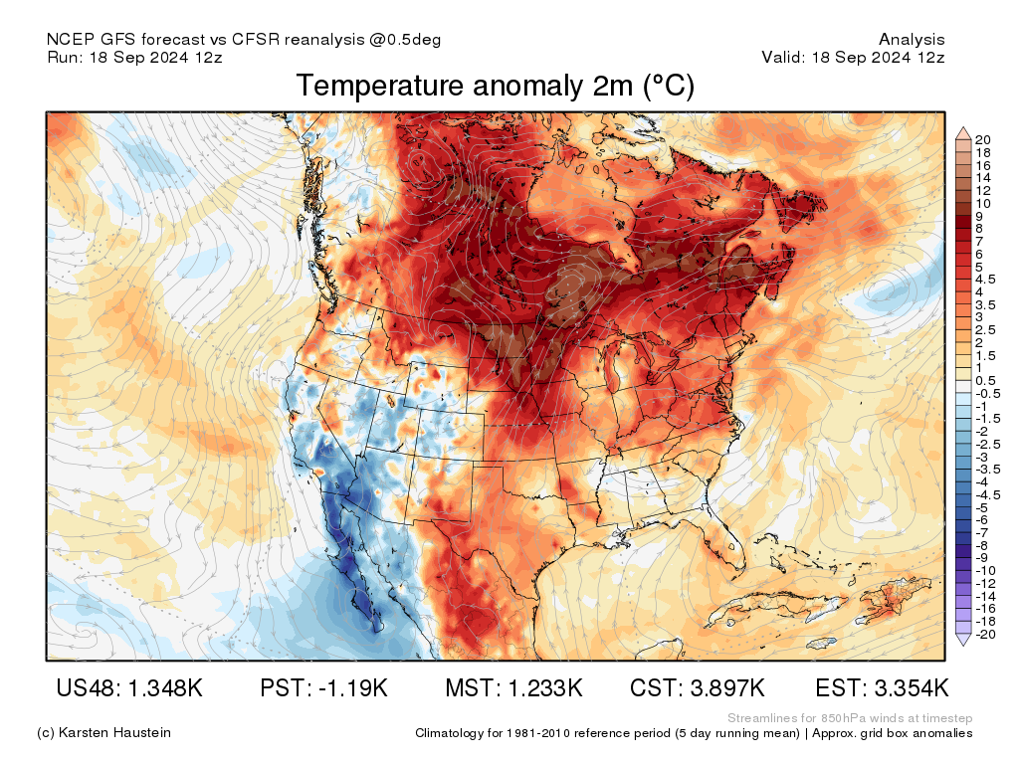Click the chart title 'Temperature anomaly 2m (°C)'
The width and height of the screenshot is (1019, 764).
495,87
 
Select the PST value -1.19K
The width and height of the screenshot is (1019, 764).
324,688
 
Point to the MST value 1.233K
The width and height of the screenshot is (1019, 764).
513,688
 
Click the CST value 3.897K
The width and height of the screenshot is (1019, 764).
698,688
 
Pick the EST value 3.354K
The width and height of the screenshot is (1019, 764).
882,688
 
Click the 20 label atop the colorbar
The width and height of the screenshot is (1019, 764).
983,139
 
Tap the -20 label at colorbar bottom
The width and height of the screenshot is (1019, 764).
985,634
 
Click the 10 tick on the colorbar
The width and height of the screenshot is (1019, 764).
983,203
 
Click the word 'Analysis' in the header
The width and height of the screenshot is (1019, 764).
912,40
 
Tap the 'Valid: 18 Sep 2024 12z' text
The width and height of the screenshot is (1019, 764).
853,57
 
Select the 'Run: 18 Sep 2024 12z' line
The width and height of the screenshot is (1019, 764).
134,57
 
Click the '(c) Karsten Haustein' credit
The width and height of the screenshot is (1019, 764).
103,732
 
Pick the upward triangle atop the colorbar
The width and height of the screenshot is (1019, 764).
962,132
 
